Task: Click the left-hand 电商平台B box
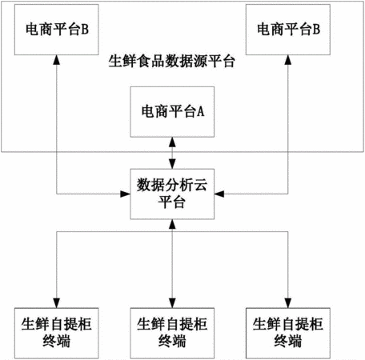click(57, 30)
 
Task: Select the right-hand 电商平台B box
click(288, 30)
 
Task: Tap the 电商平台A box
click(172, 112)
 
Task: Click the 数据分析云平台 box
click(172, 194)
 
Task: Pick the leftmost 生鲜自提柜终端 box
click(57, 333)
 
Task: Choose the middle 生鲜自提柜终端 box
click(172, 333)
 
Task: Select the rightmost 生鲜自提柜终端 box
click(288, 333)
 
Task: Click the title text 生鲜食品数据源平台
click(172, 62)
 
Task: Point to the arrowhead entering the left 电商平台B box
click(57, 60)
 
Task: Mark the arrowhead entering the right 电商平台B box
click(288, 60)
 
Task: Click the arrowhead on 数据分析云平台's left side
click(125, 194)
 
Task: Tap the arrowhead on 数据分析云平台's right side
click(219, 194)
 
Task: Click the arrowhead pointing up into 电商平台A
click(172, 142)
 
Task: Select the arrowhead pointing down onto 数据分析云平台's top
click(172, 164)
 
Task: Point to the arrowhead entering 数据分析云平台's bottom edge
click(172, 224)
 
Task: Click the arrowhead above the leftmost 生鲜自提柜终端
click(57, 303)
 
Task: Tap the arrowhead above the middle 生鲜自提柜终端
click(172, 303)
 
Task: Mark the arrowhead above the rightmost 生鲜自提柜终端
click(288, 303)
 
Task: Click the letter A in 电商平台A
click(201, 111)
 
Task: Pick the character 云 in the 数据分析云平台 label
click(200, 185)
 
